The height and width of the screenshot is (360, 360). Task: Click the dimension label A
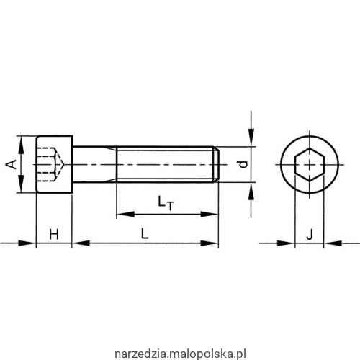[x=11, y=164]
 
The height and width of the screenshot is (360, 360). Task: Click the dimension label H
[x=53, y=233]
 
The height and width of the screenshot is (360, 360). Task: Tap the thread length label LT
[x=167, y=204]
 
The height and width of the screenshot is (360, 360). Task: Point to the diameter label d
[x=243, y=164]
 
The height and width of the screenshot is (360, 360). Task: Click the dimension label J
[x=309, y=233]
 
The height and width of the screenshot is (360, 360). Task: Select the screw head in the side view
[x=54, y=164]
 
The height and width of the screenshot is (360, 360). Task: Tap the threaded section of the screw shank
[x=166, y=164]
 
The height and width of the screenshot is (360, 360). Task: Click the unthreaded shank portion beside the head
[x=94, y=164]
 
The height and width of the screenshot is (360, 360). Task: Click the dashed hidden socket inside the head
[x=49, y=164]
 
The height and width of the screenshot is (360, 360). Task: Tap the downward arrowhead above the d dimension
[x=250, y=141]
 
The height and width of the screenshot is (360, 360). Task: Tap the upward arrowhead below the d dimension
[x=250, y=189]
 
